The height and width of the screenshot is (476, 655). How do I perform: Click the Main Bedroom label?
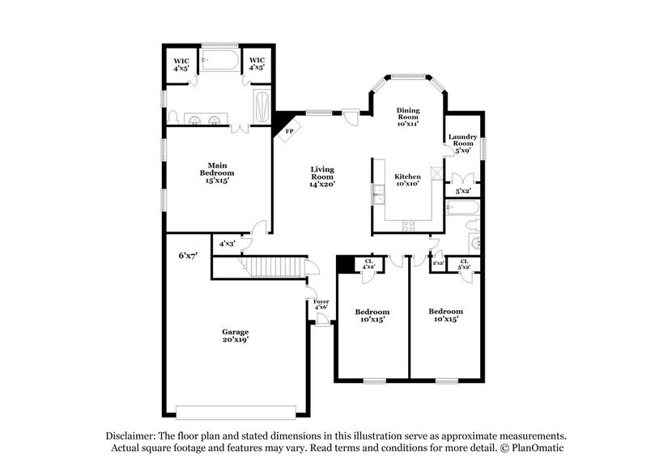[x=217, y=173]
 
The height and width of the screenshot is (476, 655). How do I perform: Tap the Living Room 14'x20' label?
[x=322, y=176]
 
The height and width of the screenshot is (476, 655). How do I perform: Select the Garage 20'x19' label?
[x=236, y=336]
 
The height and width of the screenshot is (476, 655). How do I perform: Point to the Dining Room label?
[x=407, y=117]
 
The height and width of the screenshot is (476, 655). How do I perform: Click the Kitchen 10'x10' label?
[x=407, y=181]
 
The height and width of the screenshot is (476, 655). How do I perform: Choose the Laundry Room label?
[x=463, y=142]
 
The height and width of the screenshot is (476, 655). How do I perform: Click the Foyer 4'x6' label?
[x=321, y=304]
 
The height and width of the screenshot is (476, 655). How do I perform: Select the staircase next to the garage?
[x=276, y=266]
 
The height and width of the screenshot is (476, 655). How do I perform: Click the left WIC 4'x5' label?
[x=181, y=64]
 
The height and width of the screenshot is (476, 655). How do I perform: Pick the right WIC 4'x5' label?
[x=257, y=64]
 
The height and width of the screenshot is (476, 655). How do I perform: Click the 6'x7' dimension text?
[x=188, y=256]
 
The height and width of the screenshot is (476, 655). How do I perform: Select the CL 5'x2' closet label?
[x=465, y=264]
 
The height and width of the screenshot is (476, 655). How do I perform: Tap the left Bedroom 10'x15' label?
[x=372, y=316]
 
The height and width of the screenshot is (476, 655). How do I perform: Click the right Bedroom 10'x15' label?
[x=445, y=316]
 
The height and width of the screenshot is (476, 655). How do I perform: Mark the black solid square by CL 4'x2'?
[x=345, y=263]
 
